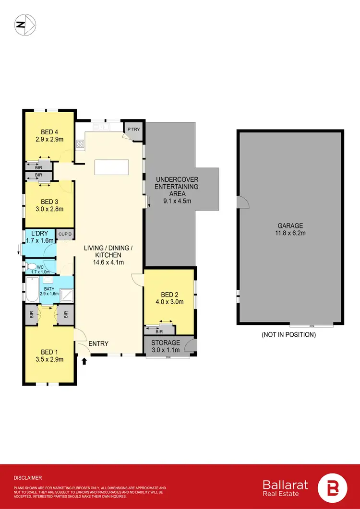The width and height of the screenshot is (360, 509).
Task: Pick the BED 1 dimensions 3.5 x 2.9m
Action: [x=49, y=359]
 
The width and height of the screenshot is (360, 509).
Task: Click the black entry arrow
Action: [x=85, y=360]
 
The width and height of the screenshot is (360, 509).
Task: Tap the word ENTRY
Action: [x=98, y=343]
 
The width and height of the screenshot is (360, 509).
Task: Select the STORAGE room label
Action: [x=166, y=343]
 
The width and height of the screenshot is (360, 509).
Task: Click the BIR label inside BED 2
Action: [x=159, y=331]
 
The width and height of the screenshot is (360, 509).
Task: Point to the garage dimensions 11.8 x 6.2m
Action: [x=290, y=233]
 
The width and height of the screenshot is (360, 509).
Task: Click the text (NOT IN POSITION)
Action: [x=288, y=335]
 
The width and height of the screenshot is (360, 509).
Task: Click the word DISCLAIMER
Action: [x=27, y=478]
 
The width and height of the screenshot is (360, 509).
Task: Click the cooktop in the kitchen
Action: [x=80, y=142]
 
